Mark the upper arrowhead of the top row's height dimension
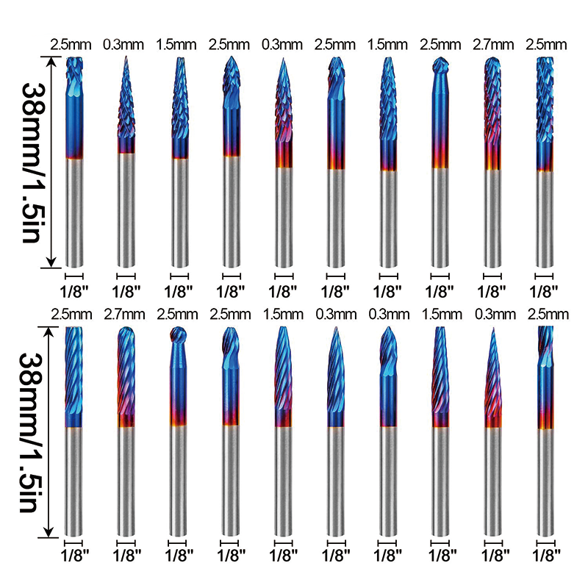coord(51,63)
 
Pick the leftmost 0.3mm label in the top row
coord(125,45)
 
